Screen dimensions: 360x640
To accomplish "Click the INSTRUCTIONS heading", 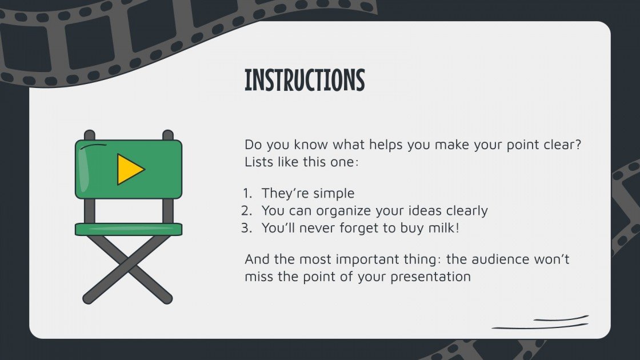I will (304, 81).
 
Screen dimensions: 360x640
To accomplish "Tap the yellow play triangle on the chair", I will (130, 170).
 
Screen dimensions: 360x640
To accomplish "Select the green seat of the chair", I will (129, 229).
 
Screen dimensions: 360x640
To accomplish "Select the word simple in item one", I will (333, 193).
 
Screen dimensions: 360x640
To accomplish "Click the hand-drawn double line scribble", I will (540, 323).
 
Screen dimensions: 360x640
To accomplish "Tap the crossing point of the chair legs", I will (127, 268).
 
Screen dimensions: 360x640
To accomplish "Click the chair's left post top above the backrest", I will (89, 135).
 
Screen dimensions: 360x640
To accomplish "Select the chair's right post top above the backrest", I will (167, 135).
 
